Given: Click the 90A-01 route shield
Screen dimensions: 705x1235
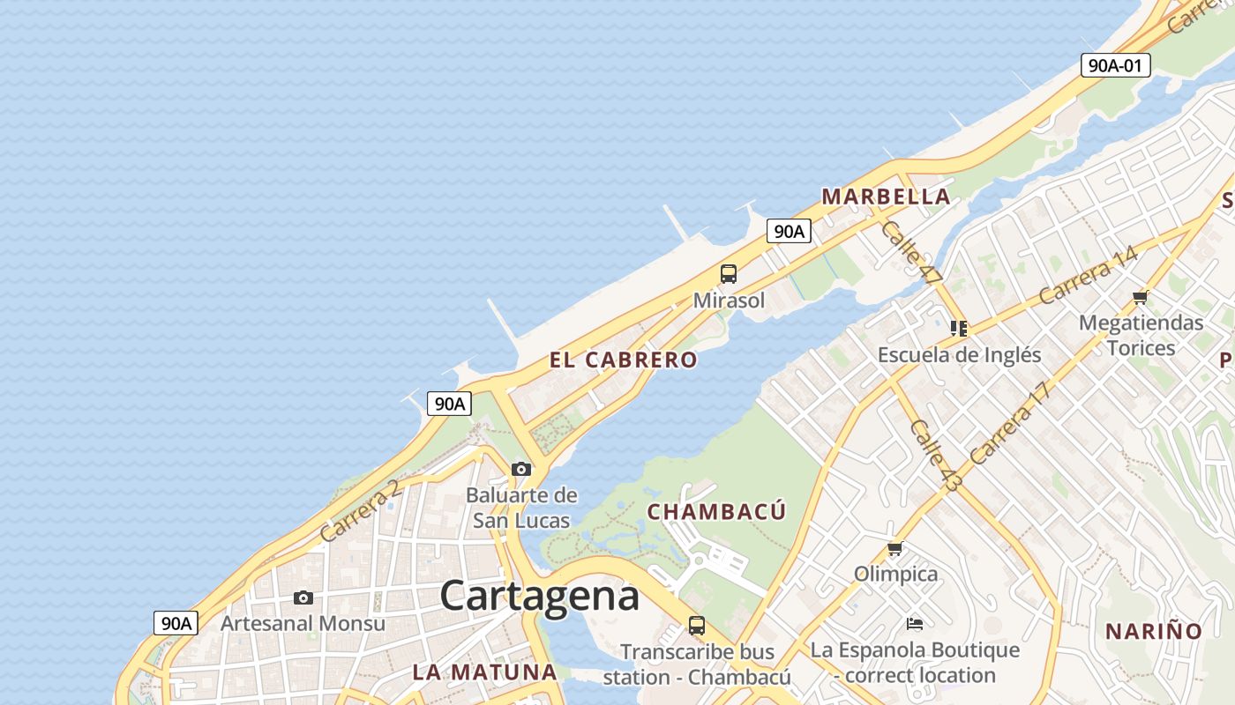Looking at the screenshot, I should pyautogui.click(x=1115, y=64).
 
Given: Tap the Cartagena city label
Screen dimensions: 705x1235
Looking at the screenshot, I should pyautogui.click(x=539, y=597).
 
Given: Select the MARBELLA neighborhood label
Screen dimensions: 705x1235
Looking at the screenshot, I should pyautogui.click(x=886, y=197).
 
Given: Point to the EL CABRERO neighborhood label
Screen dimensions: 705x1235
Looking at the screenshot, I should pyautogui.click(x=623, y=360).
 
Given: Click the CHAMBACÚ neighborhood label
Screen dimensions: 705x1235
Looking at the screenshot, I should pyautogui.click(x=716, y=512).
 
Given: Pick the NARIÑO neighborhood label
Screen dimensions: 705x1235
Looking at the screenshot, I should pyautogui.click(x=1154, y=631).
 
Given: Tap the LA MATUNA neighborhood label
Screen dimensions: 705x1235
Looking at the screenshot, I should pyautogui.click(x=484, y=672).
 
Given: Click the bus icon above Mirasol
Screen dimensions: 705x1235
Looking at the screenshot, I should pyautogui.click(x=729, y=274).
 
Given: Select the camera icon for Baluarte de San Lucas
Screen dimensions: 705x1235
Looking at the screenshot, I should pyautogui.click(x=521, y=469).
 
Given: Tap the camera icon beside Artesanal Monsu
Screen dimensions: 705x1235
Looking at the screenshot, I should pyautogui.click(x=303, y=598).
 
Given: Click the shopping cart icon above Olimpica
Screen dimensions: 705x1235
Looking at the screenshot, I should pyautogui.click(x=895, y=549).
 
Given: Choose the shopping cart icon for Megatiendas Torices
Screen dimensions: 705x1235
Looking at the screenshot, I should pyautogui.click(x=1141, y=298).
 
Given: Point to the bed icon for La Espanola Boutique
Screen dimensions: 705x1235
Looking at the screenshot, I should pyautogui.click(x=915, y=625).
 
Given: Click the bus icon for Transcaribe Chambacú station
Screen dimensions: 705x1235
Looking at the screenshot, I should pyautogui.click(x=697, y=627).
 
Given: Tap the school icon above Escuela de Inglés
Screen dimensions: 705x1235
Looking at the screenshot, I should pyautogui.click(x=959, y=329).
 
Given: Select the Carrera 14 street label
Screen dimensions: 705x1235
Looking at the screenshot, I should pyautogui.click(x=1089, y=275).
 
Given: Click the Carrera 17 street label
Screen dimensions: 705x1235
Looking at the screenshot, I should pyautogui.click(x=1011, y=423).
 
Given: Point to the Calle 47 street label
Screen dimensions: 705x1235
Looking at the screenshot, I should pyautogui.click(x=911, y=253).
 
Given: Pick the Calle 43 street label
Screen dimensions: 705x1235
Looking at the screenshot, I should pyautogui.click(x=934, y=455).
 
